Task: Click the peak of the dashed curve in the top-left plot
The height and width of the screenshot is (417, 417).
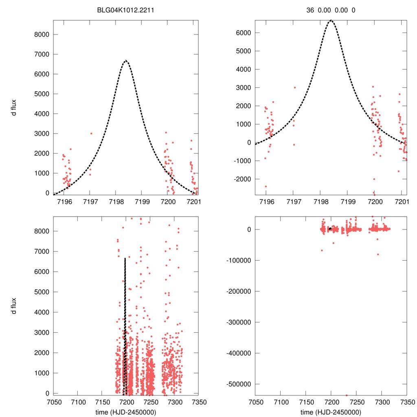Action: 126,61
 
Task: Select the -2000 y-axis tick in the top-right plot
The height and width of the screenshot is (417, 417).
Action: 242,179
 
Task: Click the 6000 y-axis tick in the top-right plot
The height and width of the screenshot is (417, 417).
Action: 243,33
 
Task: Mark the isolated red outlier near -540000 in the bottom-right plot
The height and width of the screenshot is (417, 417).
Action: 347,395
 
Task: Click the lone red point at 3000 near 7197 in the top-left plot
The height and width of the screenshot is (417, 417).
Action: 91,133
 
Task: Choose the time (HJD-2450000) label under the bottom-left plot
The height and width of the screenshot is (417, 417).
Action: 125,412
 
